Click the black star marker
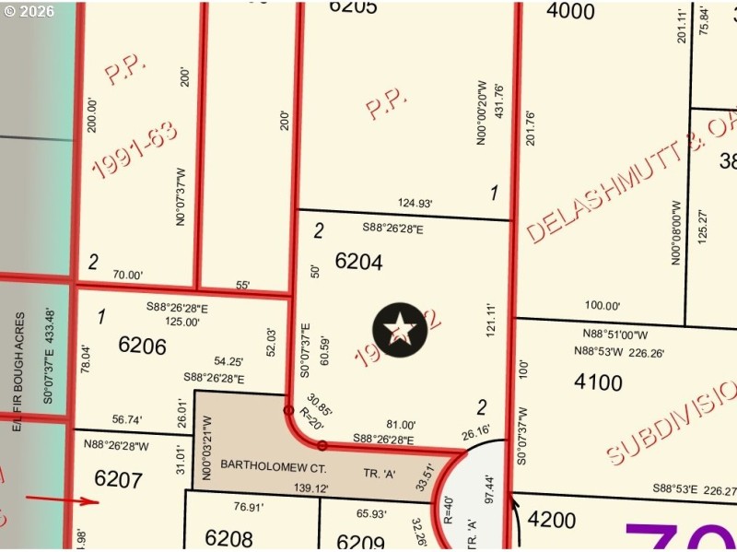click(x=401, y=329)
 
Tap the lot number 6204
click(x=358, y=262)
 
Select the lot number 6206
click(x=143, y=346)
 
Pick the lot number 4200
click(x=552, y=520)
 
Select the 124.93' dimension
click(x=415, y=204)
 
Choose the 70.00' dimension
click(x=128, y=275)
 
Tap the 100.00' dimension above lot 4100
click(x=602, y=306)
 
